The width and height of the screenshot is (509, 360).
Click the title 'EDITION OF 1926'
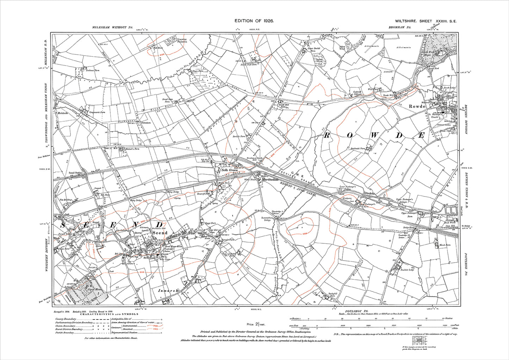coord(254,21)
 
